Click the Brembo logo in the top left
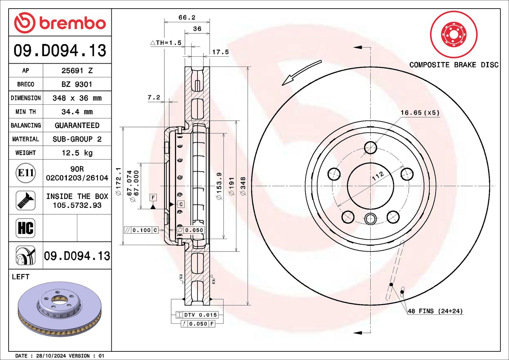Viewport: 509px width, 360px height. (60, 23)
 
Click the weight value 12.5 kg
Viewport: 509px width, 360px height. (77, 153)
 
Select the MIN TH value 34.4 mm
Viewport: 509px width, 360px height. (77, 112)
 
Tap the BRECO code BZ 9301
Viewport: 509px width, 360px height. (77, 84)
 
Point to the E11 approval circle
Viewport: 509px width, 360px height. (25, 173)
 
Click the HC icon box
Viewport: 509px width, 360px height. (25, 228)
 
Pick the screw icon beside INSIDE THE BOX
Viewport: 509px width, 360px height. (25, 201)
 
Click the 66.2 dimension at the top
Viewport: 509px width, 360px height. (187, 18)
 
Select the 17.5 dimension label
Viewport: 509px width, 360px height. (220, 52)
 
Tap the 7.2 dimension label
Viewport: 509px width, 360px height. (154, 97)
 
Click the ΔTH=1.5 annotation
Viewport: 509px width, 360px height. (166, 43)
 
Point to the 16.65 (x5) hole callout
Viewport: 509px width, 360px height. (420, 113)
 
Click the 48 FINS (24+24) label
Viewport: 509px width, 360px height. (435, 311)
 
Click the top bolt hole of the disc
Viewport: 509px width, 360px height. (370, 147)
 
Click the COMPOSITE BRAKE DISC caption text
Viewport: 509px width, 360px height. (454, 65)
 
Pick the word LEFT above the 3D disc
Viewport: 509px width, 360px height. (20, 277)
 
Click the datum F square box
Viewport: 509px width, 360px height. (153, 197)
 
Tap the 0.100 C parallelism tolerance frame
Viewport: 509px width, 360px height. (141, 230)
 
